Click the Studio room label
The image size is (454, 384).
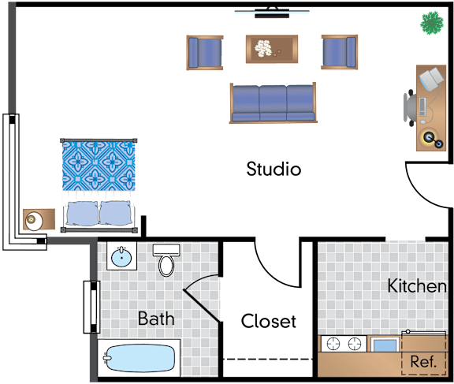coord(274,169)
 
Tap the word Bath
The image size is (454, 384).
coord(156,319)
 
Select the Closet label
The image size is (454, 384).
coord(269,321)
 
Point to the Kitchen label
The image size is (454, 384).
coord(417,285)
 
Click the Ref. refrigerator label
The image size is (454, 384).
coord(423,361)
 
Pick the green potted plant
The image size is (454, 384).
coord(432,23)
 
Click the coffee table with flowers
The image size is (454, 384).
coord(272,49)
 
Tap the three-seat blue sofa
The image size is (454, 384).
coord(273,103)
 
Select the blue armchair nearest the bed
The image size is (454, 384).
coord(205,53)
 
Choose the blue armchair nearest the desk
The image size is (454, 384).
coord(340,52)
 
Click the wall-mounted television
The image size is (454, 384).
coord(272,13)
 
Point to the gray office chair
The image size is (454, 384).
coord(411,108)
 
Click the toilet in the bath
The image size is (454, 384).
coord(166,260)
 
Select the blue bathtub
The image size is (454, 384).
coord(140,358)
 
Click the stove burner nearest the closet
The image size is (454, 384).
coord(333,344)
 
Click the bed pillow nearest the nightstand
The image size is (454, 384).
coord(82,214)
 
